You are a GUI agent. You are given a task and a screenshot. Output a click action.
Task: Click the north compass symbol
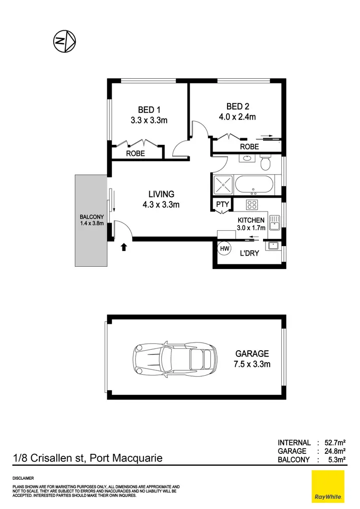click(64, 42)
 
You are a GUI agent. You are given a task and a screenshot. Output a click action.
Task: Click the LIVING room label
click(161, 194)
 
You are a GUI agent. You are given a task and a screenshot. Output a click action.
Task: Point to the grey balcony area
click(91, 220)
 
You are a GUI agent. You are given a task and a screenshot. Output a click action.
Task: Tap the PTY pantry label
click(222, 205)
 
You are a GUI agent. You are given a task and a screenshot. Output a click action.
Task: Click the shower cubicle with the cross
click(221, 185)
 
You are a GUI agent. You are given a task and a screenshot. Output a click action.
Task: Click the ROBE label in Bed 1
click(136, 154)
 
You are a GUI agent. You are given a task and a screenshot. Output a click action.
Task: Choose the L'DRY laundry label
click(249, 253)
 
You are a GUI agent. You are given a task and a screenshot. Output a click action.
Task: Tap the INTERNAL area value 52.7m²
click(336, 443)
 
